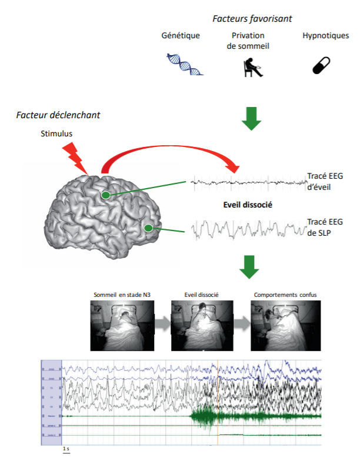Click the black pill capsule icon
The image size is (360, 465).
[321, 64]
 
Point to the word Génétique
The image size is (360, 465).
[181, 35]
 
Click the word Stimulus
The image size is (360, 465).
[56, 133]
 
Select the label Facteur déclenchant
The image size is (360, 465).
[58, 114]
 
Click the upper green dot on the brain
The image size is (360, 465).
[105, 195]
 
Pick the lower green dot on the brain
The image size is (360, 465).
[149, 228]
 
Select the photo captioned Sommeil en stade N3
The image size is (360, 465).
[121, 325]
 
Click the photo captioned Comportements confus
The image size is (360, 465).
[285, 325]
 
